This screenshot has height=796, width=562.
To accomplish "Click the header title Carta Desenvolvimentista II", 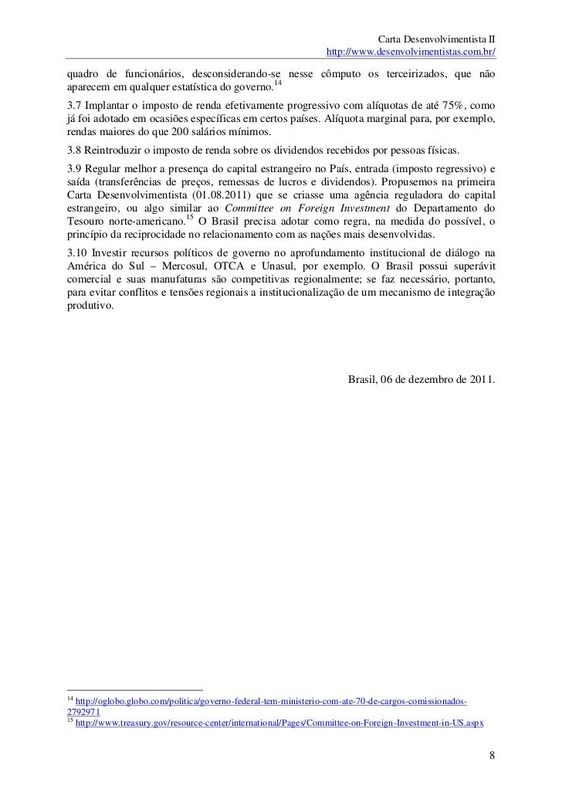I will click(x=438, y=39).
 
